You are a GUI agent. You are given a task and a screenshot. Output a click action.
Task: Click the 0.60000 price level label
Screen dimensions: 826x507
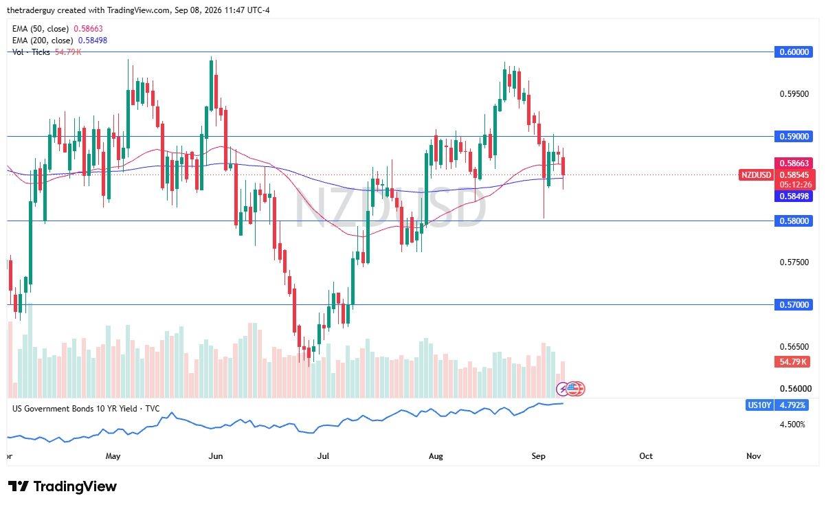(x=794, y=52)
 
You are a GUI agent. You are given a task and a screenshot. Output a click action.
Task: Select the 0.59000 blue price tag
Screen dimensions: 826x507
(x=794, y=137)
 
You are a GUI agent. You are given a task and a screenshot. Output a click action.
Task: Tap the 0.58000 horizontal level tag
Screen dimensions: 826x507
(x=794, y=221)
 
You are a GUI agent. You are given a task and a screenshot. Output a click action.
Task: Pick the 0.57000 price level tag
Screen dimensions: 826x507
(x=794, y=304)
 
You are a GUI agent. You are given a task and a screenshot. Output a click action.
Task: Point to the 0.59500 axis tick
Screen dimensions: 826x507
(x=794, y=94)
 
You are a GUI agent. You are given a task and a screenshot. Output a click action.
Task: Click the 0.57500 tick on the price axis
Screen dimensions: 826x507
(x=794, y=262)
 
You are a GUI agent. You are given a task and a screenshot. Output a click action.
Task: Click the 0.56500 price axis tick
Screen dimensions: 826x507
(x=794, y=347)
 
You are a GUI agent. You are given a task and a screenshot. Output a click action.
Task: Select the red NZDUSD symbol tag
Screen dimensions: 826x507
(x=757, y=174)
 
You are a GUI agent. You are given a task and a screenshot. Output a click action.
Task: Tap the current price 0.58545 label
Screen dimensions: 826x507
(x=794, y=174)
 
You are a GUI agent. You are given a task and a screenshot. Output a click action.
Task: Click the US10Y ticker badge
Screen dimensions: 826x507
(x=759, y=405)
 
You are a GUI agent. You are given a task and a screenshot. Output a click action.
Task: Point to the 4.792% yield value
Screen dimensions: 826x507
(x=792, y=405)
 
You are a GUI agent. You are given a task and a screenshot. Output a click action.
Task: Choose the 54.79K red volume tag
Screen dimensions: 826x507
(x=792, y=362)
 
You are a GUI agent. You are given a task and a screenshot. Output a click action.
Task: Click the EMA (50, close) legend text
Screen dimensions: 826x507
(x=40, y=29)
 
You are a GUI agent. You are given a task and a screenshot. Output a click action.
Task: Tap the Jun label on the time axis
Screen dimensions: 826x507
(x=216, y=456)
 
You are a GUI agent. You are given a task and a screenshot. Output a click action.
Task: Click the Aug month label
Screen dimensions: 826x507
(x=436, y=456)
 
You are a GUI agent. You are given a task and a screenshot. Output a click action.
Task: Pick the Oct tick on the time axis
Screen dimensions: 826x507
(x=646, y=456)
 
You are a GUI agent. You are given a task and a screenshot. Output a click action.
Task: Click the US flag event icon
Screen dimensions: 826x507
(x=572, y=388)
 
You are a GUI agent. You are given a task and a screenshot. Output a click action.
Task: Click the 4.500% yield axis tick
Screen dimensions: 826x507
(x=792, y=425)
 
